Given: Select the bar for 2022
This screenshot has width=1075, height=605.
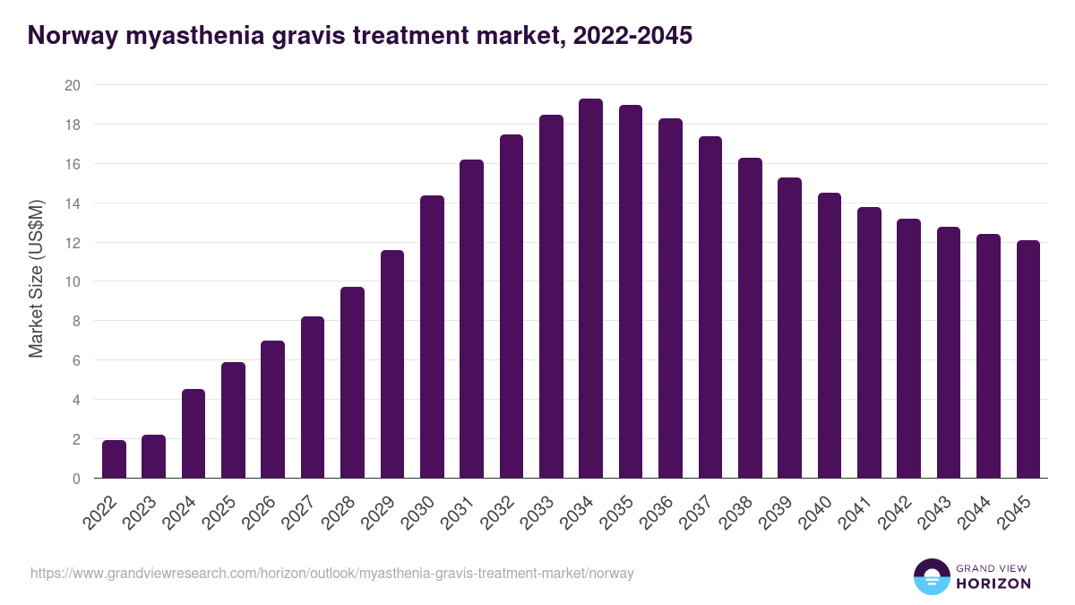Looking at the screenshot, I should point(114,459).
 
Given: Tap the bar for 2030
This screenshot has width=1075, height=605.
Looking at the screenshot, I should point(432,337).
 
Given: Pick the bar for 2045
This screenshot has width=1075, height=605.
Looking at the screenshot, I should point(1028,359).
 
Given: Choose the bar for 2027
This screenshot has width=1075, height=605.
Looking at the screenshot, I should point(313,397).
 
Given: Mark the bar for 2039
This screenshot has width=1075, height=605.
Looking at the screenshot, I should point(789,328).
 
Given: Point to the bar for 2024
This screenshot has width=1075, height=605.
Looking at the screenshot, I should point(193,434).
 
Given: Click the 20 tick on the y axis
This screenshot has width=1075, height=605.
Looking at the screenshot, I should point(73,85).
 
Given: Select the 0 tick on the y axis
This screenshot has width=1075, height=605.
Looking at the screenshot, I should point(76,479).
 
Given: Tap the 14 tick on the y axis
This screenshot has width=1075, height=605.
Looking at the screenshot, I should point(73,203).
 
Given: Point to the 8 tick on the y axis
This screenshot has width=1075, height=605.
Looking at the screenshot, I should point(76,321).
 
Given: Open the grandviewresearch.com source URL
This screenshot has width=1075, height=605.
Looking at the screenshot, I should point(331,573).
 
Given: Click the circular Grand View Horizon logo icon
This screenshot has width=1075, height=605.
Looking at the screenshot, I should point(931,576).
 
